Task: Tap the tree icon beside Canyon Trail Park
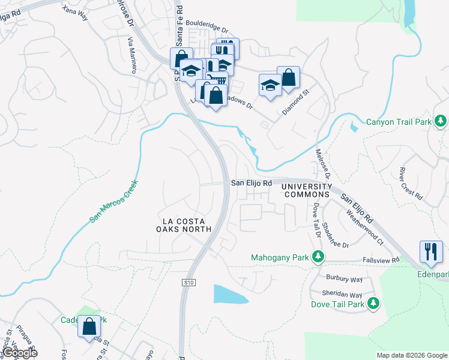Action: [441, 121]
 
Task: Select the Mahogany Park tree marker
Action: [319, 258]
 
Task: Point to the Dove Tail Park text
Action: [338, 304]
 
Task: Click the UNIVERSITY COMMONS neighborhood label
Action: [307, 191]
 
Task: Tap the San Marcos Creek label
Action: [114, 201]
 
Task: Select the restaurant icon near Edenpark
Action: [431, 251]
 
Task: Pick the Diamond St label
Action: [295, 103]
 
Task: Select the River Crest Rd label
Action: [411, 184]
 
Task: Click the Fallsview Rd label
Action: [381, 260]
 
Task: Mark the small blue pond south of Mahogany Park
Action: [231, 294]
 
